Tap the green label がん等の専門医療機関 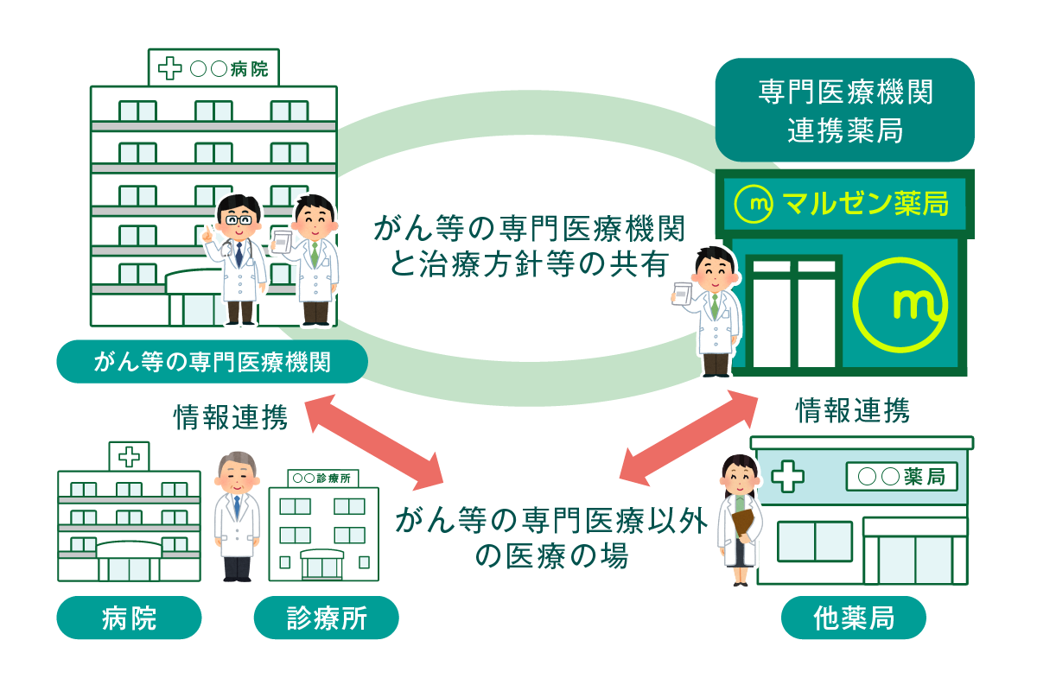(x=212, y=362)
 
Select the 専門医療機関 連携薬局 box (x=844, y=110)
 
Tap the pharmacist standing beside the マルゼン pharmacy (x=714, y=311)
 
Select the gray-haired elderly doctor (x=236, y=514)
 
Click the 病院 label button (x=129, y=618)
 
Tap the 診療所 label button (x=326, y=618)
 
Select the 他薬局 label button (x=853, y=618)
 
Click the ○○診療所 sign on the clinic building (x=321, y=477)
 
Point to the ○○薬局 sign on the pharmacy (x=901, y=476)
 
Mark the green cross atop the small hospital (x=129, y=454)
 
